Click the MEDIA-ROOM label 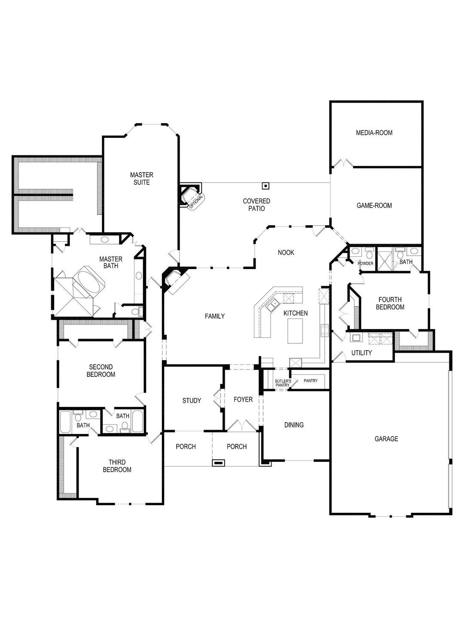click(x=374, y=133)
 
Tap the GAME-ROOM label click(x=374, y=206)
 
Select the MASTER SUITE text click(x=141, y=179)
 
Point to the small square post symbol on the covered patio click(x=266, y=186)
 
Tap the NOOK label click(x=286, y=253)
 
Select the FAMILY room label click(x=214, y=316)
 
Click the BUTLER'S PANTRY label click(x=283, y=383)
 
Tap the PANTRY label click(x=310, y=381)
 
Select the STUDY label click(x=192, y=401)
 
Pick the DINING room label click(x=294, y=425)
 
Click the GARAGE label click(x=386, y=439)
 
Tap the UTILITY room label click(x=361, y=353)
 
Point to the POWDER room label click(x=366, y=264)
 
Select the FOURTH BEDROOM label click(x=390, y=303)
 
